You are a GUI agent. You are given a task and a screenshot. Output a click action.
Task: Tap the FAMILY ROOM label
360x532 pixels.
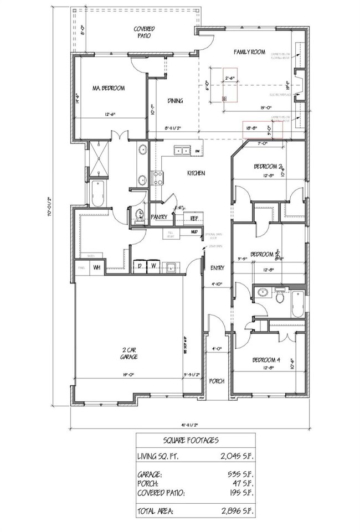click(249, 52)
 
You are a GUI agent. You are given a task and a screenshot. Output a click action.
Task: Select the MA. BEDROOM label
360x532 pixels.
click(108, 88)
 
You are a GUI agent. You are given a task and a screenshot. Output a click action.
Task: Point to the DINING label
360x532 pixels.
click(175, 101)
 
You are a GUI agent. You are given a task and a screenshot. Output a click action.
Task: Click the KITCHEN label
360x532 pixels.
click(196, 173)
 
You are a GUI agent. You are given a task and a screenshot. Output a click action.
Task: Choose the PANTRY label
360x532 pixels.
click(160, 217)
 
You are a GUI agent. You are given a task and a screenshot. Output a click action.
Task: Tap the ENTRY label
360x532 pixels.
click(218, 268)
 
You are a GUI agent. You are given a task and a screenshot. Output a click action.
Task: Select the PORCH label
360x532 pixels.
click(217, 381)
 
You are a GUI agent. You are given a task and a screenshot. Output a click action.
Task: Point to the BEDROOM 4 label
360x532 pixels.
click(266, 360)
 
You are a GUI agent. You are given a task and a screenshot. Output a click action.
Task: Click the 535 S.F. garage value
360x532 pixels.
click(239, 475)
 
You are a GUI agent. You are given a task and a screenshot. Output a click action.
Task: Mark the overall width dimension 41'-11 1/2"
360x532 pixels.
click(188, 425)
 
